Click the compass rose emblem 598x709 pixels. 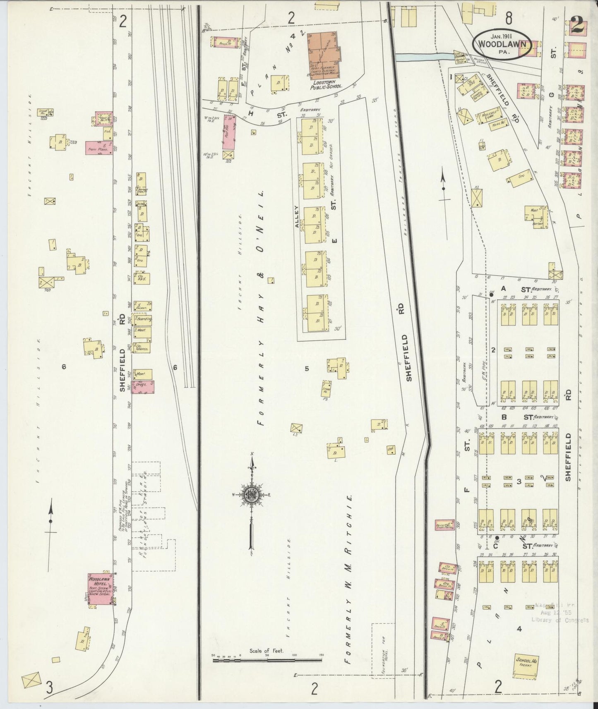(251, 495)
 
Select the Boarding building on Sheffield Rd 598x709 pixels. (142, 320)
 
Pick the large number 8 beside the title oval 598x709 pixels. (508, 18)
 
